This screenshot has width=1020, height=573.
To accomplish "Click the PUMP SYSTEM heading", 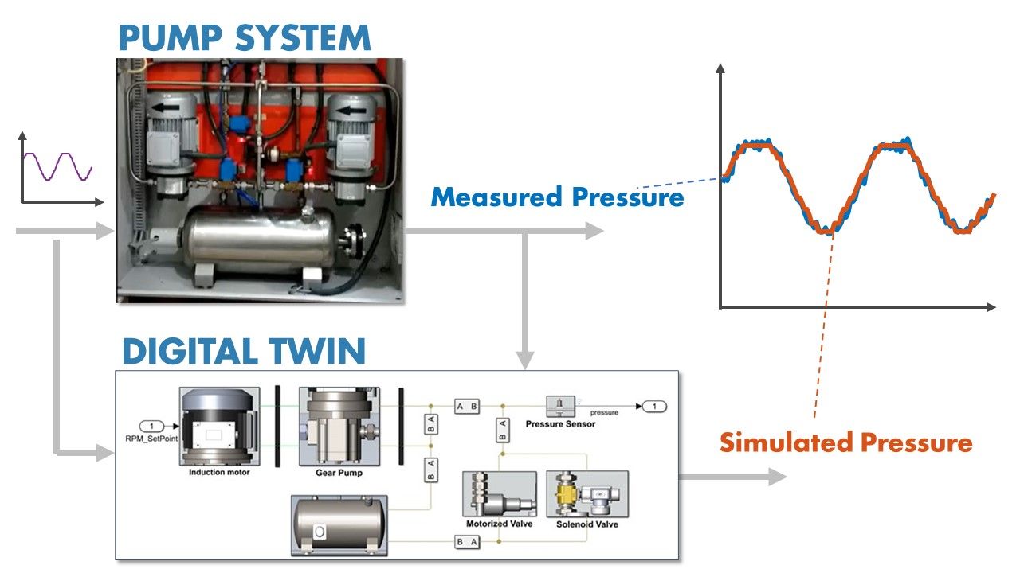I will click(x=244, y=37).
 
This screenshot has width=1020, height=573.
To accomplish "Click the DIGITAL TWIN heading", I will click(x=244, y=351).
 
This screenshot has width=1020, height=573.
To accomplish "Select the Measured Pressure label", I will click(x=557, y=197).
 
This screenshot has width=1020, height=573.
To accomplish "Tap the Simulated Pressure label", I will click(x=845, y=442).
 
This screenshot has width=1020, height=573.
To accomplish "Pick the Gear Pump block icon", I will click(x=339, y=427).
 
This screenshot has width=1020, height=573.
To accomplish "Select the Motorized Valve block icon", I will click(x=499, y=494).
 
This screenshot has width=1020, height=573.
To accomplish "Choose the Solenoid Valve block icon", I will click(x=586, y=494).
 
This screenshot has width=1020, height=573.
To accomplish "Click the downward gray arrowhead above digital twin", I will click(x=524, y=360).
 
